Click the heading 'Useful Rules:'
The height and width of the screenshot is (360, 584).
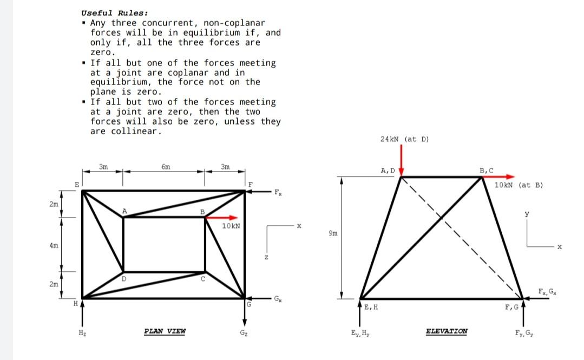(114, 12)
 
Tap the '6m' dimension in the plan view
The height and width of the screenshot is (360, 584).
(166, 167)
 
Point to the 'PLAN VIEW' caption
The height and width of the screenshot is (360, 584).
(165, 331)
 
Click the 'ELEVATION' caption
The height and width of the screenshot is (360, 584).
(447, 331)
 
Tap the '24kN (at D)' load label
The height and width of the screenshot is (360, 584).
(404, 139)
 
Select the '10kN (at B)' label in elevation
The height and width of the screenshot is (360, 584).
(519, 185)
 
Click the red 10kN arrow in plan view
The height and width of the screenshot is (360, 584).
(222, 217)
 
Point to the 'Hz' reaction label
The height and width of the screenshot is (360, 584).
(82, 331)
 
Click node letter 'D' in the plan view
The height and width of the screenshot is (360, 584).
(123, 278)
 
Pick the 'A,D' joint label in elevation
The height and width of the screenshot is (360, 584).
(389, 171)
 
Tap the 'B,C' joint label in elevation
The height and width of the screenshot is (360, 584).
(487, 171)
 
